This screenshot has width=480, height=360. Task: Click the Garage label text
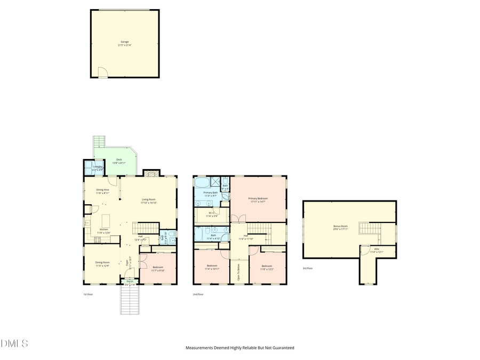pos(124,42)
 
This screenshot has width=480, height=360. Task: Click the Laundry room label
pos(97,167)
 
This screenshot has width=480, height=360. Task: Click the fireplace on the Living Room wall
pos(151,173)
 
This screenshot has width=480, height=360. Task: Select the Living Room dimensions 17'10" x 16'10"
pos(149,203)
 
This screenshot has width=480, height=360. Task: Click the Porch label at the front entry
pos(130,281)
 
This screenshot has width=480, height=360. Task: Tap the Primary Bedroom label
pos(258,198)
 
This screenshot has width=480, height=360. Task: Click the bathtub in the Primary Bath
pos(203,183)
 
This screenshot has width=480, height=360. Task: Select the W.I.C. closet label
pos(212,213)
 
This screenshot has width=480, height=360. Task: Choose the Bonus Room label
pos(340,226)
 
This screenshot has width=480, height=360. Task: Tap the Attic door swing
pos(365,249)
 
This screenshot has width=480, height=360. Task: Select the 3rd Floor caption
pos(308,268)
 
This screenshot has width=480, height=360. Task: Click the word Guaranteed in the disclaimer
pos(283,348)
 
